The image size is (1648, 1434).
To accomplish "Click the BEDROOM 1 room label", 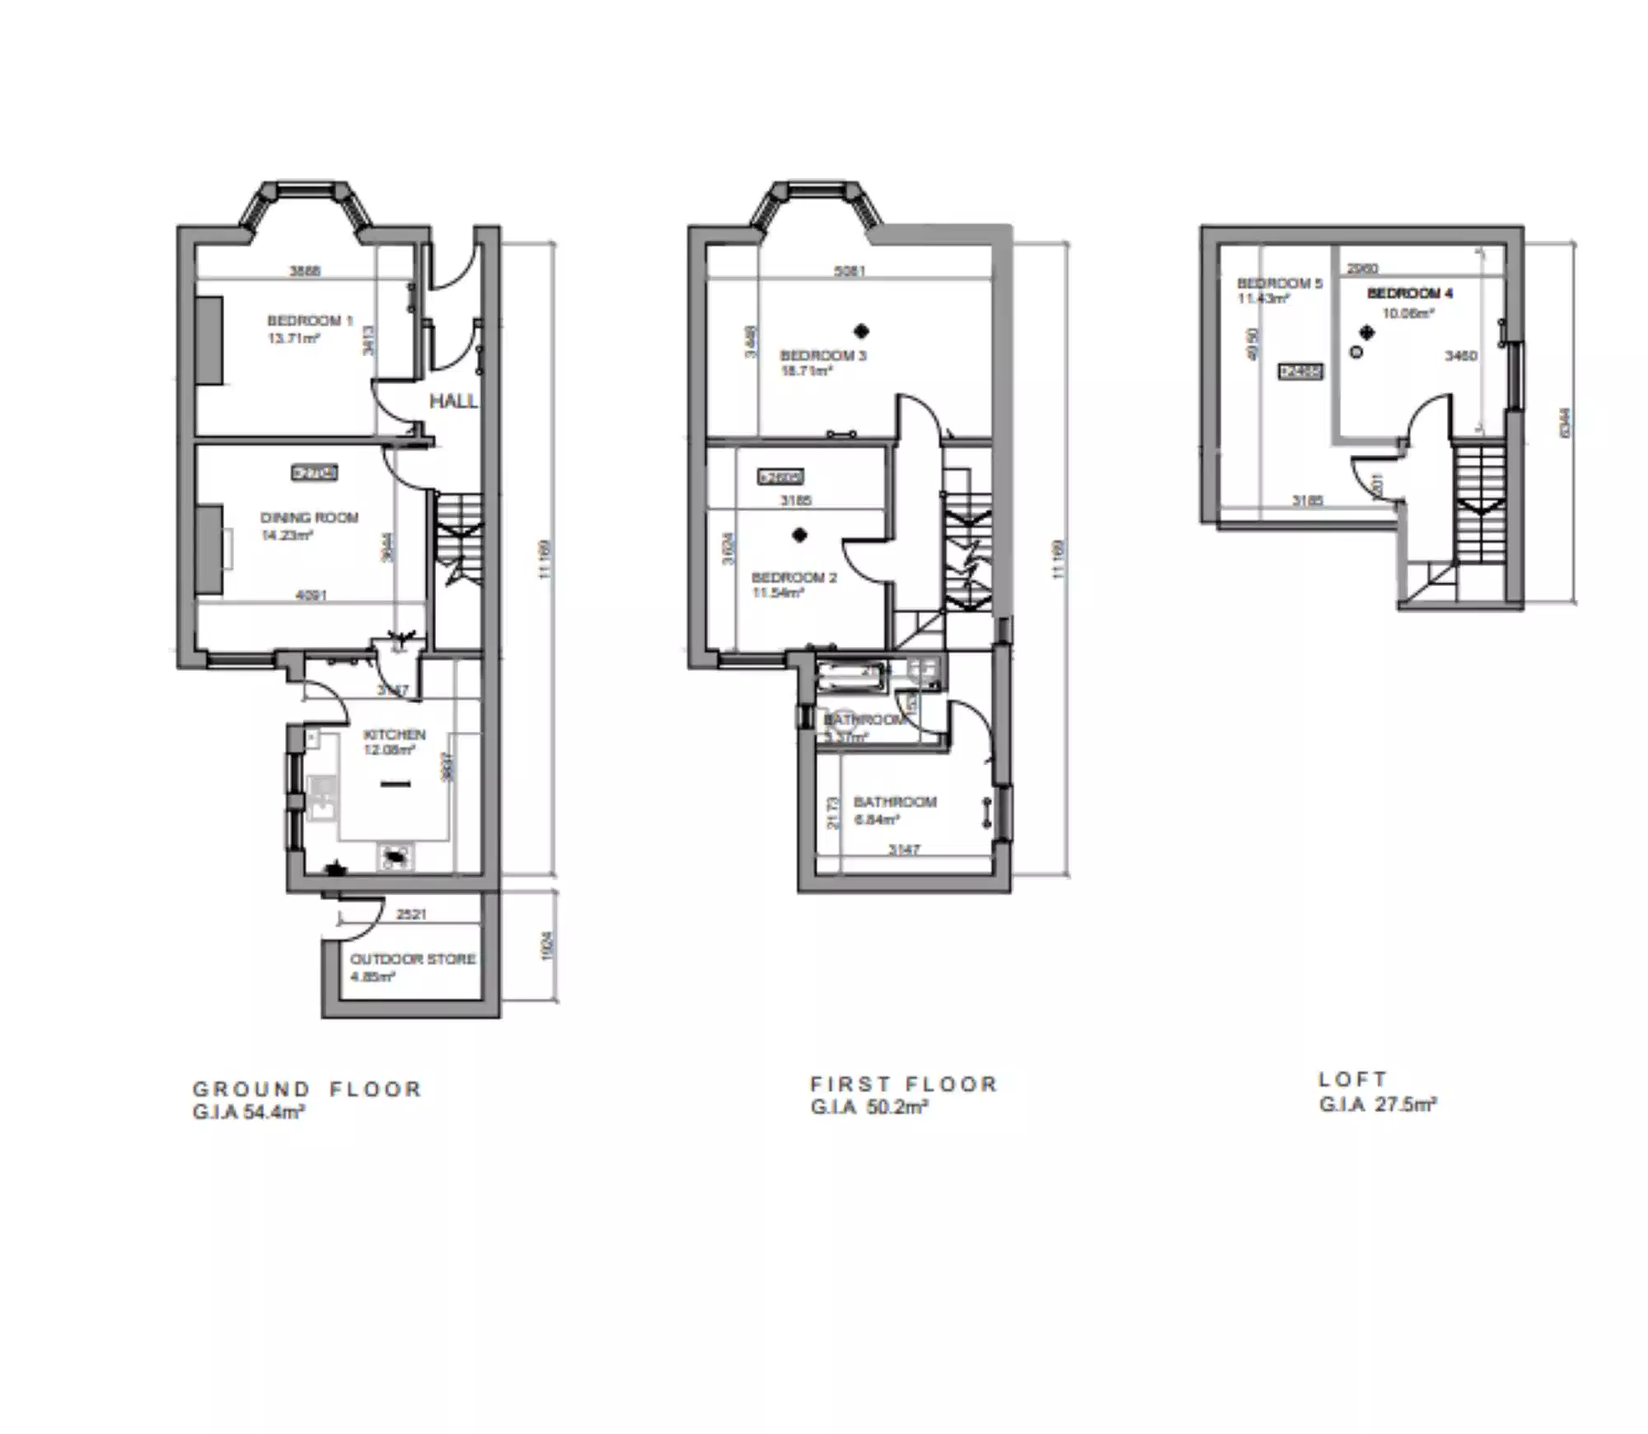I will coord(309,321).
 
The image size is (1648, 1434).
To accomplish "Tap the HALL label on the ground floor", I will coord(453,401).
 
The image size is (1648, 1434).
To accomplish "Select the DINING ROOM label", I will coord(309,518).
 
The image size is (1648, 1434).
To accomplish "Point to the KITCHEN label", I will coord(395,734).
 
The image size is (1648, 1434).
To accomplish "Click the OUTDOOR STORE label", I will coord(413,959).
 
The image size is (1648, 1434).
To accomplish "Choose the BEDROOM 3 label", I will coord(823,356).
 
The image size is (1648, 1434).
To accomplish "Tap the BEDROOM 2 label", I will coord(794,577).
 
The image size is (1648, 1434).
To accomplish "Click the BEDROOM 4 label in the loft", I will coord(1410,293).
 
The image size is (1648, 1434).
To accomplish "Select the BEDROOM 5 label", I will coord(1279,284).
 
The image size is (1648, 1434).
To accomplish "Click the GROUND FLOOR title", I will coord(307,1090).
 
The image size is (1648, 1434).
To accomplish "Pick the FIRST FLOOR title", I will coord(904,1085).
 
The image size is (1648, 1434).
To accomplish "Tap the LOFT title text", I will coord(1353,1080).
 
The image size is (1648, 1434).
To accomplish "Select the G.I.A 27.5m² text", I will coord(1378,1104).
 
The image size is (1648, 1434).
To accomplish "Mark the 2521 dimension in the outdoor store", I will coord(412,915).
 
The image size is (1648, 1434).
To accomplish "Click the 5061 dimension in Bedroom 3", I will coord(850,270).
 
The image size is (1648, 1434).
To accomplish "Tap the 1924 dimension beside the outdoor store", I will coord(547,946).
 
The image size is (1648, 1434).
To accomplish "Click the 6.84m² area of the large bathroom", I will coord(876,819).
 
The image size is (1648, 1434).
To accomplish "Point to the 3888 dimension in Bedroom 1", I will coord(305,270).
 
